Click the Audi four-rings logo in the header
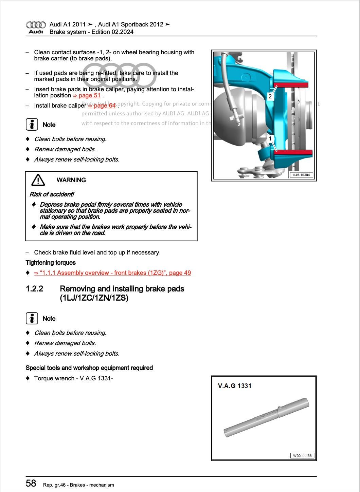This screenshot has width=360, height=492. click(x=36, y=25)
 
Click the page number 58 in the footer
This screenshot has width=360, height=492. click(x=31, y=483)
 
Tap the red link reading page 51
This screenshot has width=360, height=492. click(x=87, y=95)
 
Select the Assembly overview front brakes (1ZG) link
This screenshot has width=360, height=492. click(x=112, y=273)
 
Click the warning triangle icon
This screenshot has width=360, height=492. click(x=38, y=180)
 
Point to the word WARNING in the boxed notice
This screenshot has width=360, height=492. click(x=71, y=180)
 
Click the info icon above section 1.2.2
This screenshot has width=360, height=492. click(x=32, y=318)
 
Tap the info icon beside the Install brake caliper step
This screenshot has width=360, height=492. click(x=32, y=125)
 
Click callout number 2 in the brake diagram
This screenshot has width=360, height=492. click(x=270, y=96)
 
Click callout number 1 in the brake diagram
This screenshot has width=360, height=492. click(x=270, y=138)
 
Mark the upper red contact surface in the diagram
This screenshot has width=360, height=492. click(x=291, y=84)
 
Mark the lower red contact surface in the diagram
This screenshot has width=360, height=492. click(x=293, y=152)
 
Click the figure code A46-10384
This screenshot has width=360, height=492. click(x=301, y=175)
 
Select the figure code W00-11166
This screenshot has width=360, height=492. click(x=302, y=456)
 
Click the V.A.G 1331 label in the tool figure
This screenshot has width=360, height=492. click(x=235, y=386)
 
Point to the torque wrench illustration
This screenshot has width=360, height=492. click(x=267, y=417)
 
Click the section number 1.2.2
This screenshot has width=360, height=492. click(x=34, y=289)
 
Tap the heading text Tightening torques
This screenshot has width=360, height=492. click(x=51, y=263)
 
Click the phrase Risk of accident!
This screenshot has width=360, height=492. click(x=52, y=194)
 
